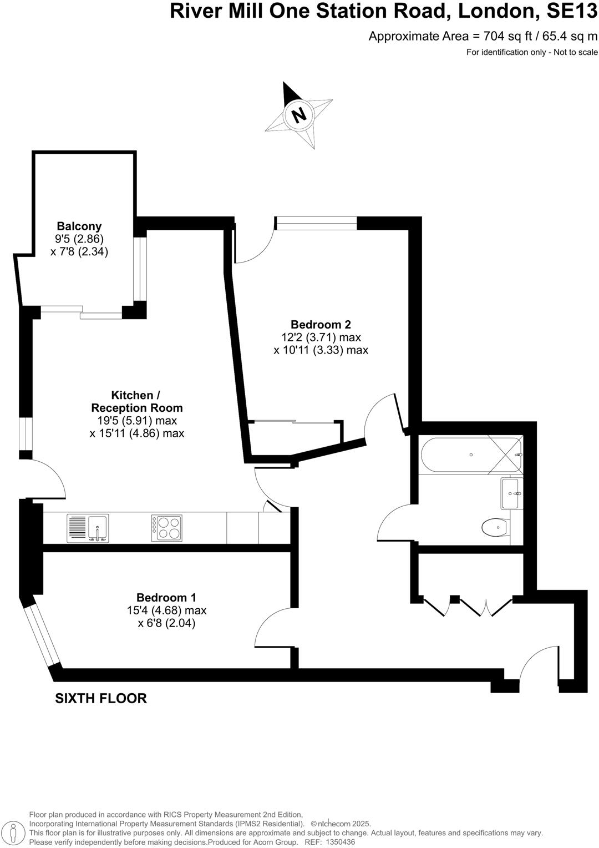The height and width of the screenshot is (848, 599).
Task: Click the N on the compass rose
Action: pos(299,114)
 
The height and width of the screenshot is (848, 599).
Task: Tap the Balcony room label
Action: pos(79,226)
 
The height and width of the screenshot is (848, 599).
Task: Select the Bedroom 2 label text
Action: pos(321,325)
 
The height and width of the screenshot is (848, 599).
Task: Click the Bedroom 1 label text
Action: pos(166,598)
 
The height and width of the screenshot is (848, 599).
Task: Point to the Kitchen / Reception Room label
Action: pos(136,401)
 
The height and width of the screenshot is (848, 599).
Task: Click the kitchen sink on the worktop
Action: pos(88,528)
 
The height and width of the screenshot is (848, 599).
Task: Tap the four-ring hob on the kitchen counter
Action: pos(166,528)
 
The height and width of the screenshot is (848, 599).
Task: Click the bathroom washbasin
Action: pos(511,493)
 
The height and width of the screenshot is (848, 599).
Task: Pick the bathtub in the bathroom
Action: pos(471,455)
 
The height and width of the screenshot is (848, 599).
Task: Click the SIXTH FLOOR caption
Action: pos(101,698)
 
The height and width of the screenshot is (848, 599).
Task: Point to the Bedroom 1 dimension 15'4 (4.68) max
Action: pos(166,610)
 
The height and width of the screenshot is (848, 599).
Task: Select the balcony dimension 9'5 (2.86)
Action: pos(79,239)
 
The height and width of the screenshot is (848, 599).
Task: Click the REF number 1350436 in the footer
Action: pos(339,841)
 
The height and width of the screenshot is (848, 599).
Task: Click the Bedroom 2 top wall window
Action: pos(317,223)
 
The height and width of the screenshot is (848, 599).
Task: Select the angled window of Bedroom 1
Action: pos(42,635)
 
